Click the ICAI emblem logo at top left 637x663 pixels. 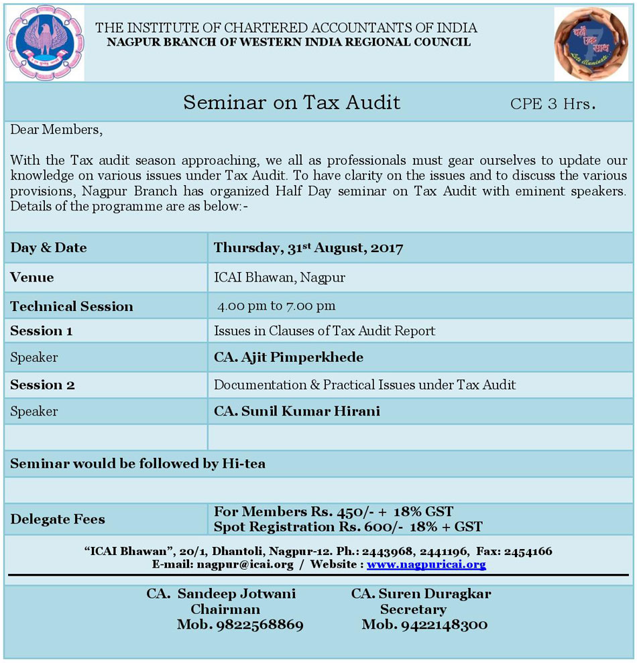click(45, 43)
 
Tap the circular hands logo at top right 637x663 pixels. click(591, 44)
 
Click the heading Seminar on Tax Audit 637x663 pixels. click(292, 103)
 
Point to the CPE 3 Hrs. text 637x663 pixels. click(553, 104)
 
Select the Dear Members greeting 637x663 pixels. click(56, 130)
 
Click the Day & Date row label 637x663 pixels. click(48, 248)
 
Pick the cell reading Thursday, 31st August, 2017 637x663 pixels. click(308, 248)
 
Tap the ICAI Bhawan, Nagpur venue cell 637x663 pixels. click(280, 278)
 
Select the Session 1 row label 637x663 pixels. click(42, 331)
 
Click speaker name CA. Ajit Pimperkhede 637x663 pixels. click(288, 357)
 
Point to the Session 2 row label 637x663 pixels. click(42, 385)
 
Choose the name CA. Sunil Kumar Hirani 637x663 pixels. click(296, 411)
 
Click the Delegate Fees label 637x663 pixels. click(58, 520)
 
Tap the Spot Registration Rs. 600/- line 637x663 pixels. click(347, 527)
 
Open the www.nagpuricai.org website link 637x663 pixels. click(426, 564)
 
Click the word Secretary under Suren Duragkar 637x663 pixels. click(413, 609)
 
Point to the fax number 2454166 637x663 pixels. click(528, 552)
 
